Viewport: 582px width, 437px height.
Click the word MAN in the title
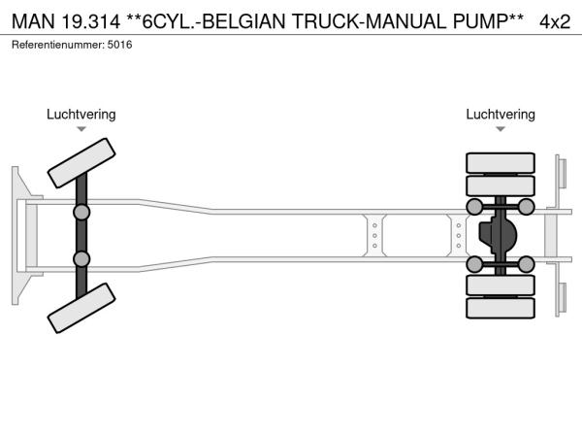point(32,20)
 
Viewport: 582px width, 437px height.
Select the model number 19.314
point(92,20)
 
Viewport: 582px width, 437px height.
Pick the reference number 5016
point(120,44)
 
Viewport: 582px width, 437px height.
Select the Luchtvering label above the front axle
point(81,115)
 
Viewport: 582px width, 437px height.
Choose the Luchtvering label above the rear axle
point(501,115)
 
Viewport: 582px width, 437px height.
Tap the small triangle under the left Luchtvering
point(81,129)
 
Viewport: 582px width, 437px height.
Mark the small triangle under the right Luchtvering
point(501,129)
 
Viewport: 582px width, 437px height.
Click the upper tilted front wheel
point(82,161)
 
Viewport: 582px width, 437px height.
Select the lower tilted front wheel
point(82,310)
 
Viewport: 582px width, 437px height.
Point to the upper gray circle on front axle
point(81,211)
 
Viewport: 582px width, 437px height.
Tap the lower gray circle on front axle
point(81,258)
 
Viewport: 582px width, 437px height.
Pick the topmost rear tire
point(501,162)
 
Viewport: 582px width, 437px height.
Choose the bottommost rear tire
point(501,308)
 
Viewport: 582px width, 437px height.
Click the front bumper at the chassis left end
point(18,235)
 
